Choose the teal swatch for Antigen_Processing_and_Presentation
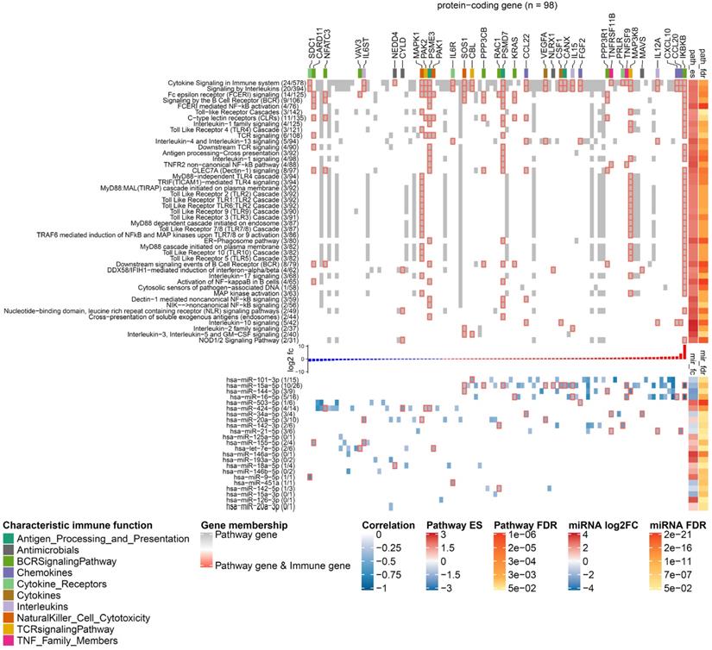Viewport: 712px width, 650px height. point(8,540)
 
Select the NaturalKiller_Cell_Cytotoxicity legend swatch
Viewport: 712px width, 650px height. point(8,618)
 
